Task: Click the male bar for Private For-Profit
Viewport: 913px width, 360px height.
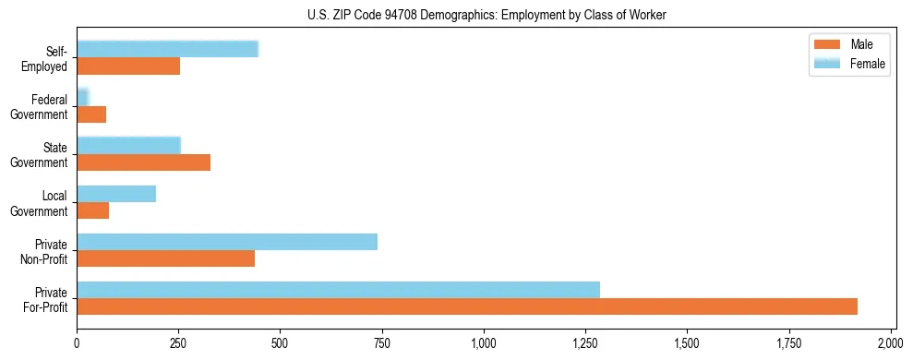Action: click(467, 306)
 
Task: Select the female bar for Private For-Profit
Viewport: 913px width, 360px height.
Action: click(338, 290)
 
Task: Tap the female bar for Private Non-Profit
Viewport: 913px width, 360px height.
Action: click(227, 242)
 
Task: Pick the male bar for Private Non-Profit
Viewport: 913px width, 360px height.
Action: click(165, 258)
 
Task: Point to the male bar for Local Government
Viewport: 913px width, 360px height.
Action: click(92, 210)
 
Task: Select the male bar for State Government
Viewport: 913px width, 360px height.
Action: click(143, 162)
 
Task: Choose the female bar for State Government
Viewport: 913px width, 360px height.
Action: click(128, 146)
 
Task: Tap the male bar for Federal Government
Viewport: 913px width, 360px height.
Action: click(91, 114)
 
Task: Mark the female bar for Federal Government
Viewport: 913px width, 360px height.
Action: click(82, 98)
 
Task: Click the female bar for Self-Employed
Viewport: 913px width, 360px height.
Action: click(167, 50)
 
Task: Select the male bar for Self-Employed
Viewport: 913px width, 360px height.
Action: click(128, 66)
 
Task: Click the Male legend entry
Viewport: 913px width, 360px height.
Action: click(849, 44)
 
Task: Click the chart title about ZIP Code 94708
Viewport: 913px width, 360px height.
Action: click(487, 16)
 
